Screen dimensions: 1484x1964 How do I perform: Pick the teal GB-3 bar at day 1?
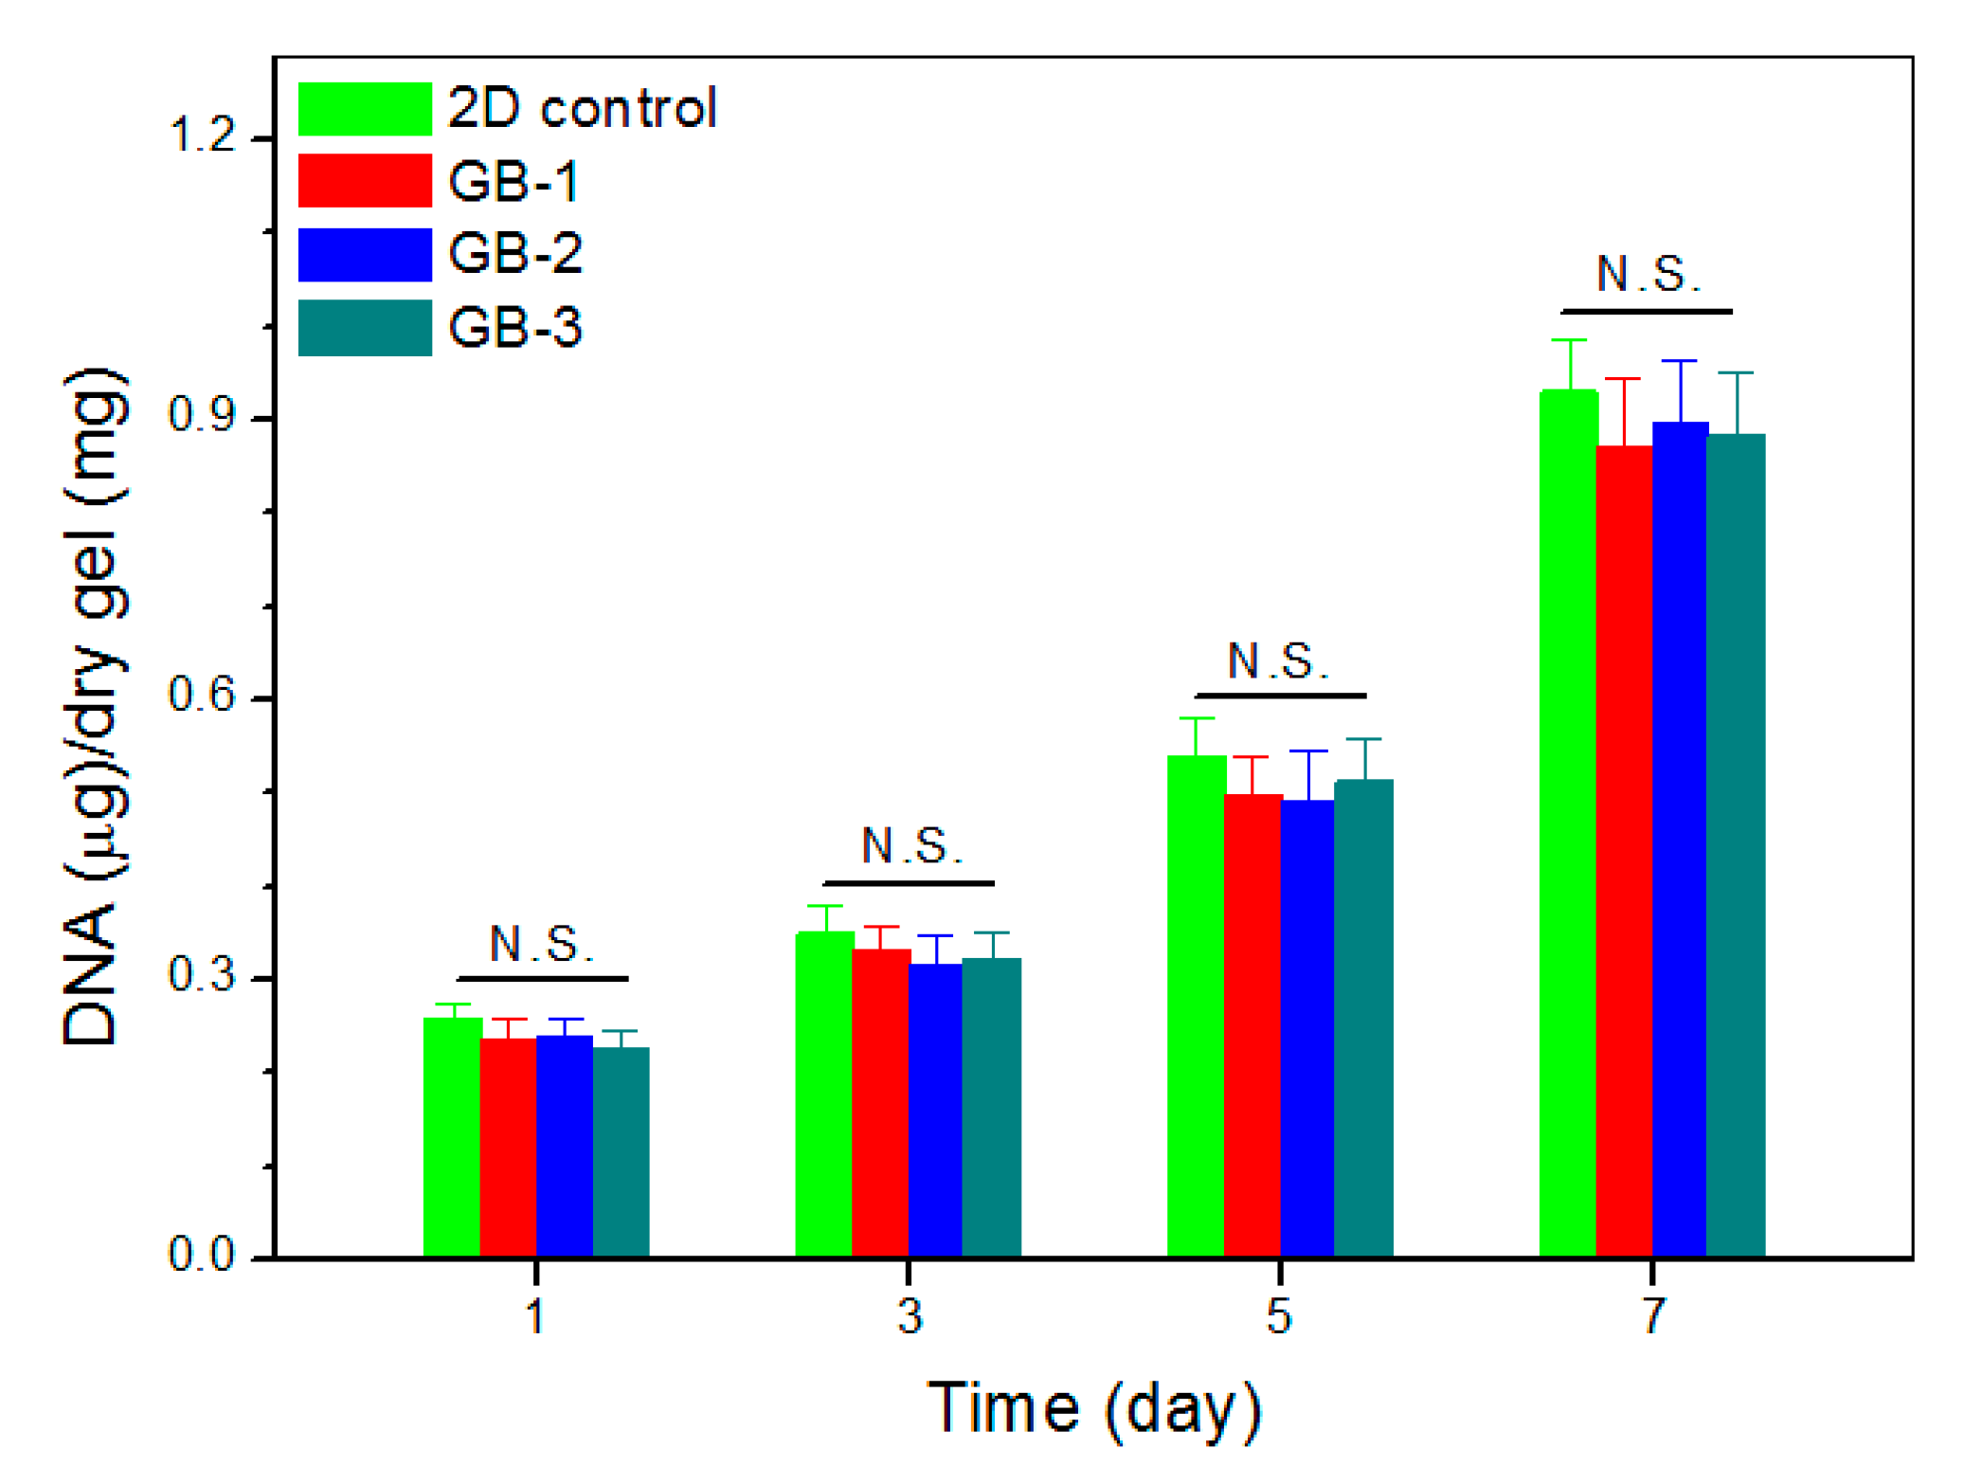(621, 1151)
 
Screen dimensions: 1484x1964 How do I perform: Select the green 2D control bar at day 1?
(451, 1137)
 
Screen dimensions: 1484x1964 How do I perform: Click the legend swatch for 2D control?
(365, 109)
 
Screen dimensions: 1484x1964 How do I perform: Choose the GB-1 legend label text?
(513, 181)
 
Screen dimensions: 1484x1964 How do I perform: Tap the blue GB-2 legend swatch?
(365, 254)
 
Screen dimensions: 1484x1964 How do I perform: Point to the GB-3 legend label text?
(514, 328)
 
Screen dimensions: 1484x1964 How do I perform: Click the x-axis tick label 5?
(1278, 1316)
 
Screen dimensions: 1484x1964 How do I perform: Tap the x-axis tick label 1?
(535, 1316)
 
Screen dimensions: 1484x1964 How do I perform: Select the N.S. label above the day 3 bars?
(910, 846)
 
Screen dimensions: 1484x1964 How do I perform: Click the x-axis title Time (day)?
(1093, 1409)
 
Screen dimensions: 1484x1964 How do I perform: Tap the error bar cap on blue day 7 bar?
(1678, 361)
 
